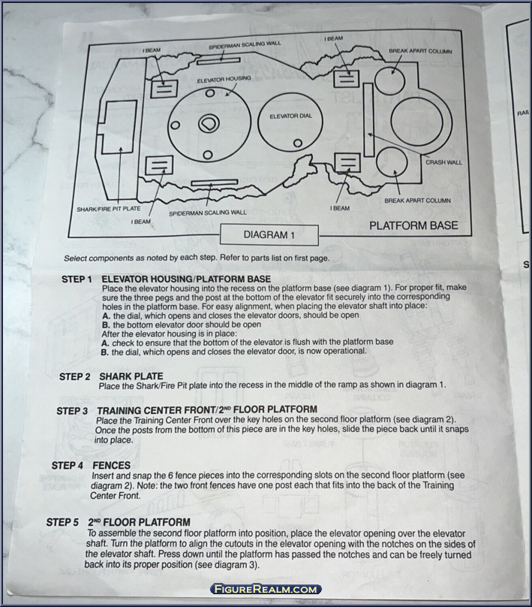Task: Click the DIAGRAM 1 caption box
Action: (x=266, y=235)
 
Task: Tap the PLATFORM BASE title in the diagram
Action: (x=414, y=225)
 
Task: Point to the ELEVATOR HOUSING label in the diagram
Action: (x=224, y=79)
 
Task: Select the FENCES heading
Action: (x=111, y=466)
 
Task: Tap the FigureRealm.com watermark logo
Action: (x=266, y=590)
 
